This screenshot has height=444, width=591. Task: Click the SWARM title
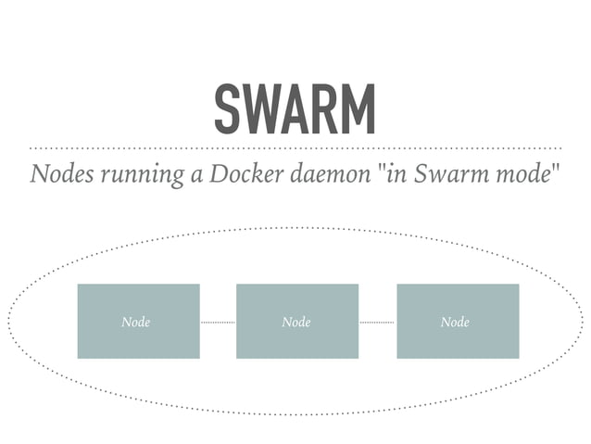pyautogui.click(x=295, y=108)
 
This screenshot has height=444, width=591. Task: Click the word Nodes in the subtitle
pyautogui.click(x=58, y=175)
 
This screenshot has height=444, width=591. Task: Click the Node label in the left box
pyautogui.click(x=136, y=323)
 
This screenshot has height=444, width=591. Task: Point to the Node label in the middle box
pyautogui.click(x=296, y=323)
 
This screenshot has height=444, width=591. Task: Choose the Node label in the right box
pyautogui.click(x=455, y=323)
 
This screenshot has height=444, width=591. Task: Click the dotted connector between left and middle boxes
pyautogui.click(x=218, y=323)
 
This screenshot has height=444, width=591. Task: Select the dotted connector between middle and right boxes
pyautogui.click(x=377, y=323)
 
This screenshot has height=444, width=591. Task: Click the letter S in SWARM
pyautogui.click(x=227, y=108)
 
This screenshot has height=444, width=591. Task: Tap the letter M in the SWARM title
pyautogui.click(x=359, y=108)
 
